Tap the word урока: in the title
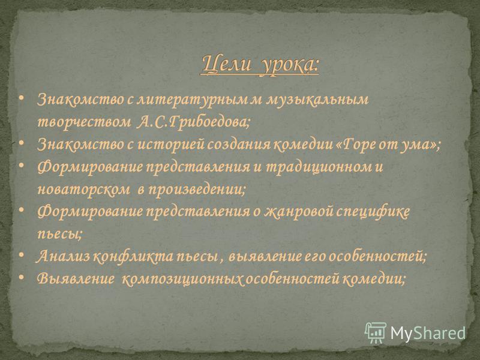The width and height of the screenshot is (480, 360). (x=289, y=65)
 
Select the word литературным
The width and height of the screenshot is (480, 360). (x=192, y=100)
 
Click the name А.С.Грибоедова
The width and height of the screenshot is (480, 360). (x=193, y=122)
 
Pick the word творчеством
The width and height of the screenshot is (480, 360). (x=84, y=122)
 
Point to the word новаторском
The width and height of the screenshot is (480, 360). (x=83, y=190)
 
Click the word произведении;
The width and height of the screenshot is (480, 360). (x=197, y=190)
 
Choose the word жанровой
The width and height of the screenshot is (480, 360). (x=298, y=212)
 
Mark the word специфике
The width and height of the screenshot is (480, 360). (x=373, y=212)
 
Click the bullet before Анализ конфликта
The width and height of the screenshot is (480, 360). (x=21, y=254)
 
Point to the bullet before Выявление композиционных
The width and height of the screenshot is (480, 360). (x=21, y=277)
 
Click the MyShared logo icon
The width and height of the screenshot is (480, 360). (x=375, y=333)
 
